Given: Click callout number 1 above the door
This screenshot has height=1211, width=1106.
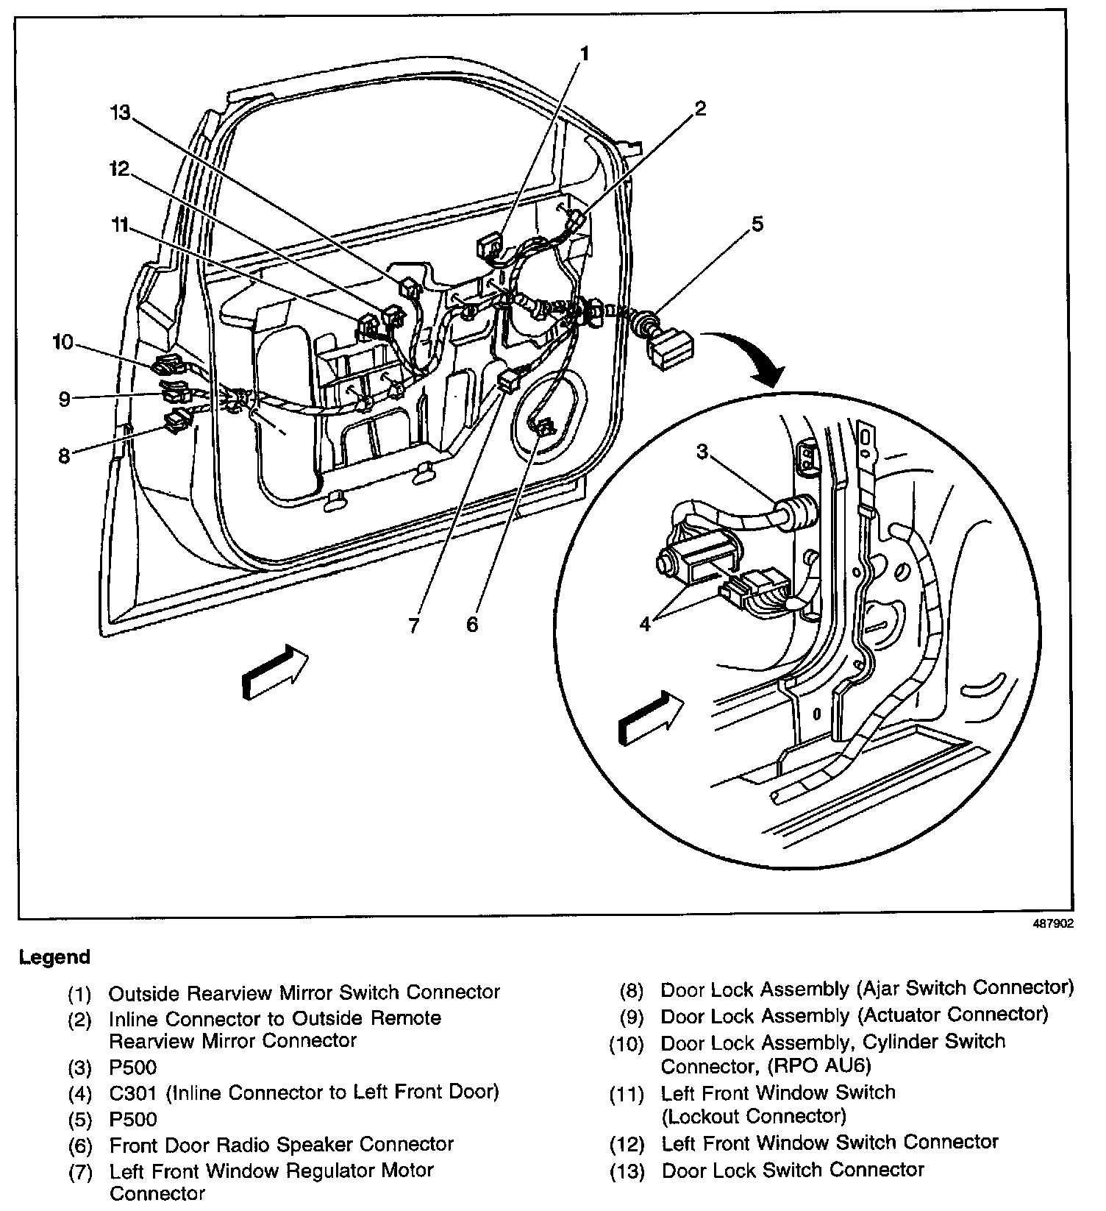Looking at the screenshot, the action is point(585,54).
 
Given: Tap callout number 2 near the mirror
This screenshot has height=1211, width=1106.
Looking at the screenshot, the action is point(700,109).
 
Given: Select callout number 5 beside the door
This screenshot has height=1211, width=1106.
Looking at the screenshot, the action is point(757,223).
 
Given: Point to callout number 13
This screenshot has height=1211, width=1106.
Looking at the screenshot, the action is point(121,113).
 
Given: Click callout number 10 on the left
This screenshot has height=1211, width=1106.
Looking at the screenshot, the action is point(63,342).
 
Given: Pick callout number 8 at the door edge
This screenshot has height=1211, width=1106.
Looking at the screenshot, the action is point(64,456).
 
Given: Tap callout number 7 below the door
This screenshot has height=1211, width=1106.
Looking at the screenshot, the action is point(414,625).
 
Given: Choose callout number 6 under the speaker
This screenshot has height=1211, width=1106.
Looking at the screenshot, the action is point(472,625).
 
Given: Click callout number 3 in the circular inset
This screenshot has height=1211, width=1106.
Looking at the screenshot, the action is point(702,451).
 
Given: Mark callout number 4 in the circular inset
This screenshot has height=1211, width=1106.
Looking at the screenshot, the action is point(645,625).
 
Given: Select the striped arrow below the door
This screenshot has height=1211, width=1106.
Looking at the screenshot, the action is point(274,672).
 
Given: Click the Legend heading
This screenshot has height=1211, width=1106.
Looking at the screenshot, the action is point(54,957).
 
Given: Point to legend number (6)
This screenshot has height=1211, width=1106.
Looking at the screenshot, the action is point(79,1146).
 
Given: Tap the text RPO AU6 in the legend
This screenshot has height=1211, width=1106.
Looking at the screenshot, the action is point(832,1065).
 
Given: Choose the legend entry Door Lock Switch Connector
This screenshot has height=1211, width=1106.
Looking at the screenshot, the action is point(793,1170).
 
